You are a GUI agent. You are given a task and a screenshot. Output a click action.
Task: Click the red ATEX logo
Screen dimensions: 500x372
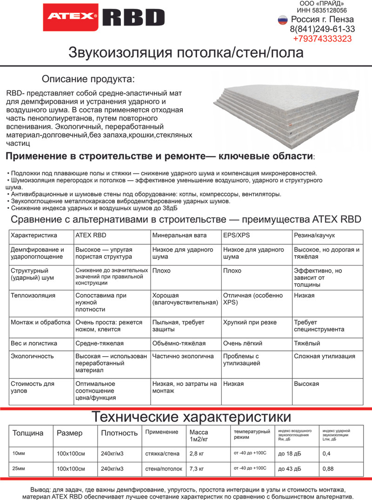(x=70, y=17)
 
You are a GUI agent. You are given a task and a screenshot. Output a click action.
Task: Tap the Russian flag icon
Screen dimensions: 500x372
(x=282, y=19)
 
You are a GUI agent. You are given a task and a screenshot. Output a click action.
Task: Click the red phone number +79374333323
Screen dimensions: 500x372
(x=322, y=39)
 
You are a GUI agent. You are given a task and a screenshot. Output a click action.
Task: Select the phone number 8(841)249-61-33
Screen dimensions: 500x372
(x=322, y=29)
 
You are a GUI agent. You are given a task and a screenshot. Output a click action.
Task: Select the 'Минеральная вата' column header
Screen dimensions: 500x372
(x=179, y=235)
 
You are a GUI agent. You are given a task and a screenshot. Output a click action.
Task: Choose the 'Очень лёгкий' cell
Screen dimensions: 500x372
(x=243, y=344)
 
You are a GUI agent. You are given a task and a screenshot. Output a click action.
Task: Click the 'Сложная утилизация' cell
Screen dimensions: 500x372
(x=324, y=357)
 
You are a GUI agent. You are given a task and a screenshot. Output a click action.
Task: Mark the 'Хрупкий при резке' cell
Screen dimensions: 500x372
(x=250, y=322)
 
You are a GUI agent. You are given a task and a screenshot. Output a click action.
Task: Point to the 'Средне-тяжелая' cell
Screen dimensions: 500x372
(x=99, y=344)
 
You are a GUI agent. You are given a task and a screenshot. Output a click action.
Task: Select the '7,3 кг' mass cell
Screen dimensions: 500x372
(x=197, y=469)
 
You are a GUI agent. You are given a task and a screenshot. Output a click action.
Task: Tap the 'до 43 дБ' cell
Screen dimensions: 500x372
(x=289, y=469)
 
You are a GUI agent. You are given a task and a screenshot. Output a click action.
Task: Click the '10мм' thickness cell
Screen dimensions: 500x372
(x=19, y=453)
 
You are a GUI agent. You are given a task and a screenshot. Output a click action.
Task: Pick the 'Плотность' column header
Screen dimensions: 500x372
(x=120, y=433)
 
